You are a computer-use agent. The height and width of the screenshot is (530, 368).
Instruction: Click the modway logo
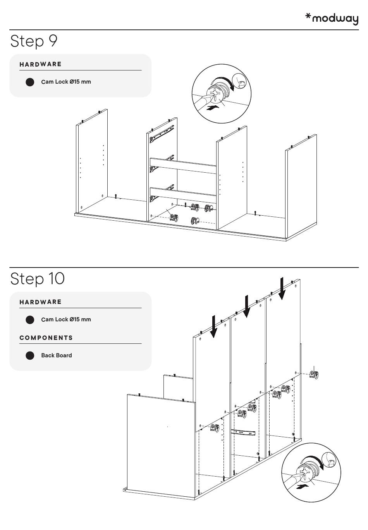pos(332,18)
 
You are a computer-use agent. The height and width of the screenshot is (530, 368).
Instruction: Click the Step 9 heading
pos(34,41)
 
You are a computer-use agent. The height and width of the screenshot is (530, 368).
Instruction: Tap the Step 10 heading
pos(38,278)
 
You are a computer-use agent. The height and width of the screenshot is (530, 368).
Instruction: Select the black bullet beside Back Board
pos(30,355)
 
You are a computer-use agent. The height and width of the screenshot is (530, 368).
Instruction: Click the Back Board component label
pos(57,355)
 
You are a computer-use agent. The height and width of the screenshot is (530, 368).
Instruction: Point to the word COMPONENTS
pos(46,338)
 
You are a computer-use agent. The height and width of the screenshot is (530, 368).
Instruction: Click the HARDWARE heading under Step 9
pos(41,64)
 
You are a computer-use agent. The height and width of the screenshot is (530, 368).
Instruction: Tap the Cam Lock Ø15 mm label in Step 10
pos(66,319)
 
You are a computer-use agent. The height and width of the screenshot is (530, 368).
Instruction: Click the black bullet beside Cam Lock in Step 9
pos(30,82)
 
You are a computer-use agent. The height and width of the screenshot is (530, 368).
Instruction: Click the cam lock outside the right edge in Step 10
pos(315,374)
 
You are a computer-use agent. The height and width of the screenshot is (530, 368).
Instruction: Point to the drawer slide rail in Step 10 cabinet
pos(243,432)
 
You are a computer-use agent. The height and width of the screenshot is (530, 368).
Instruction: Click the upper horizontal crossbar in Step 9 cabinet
pos(183,165)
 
